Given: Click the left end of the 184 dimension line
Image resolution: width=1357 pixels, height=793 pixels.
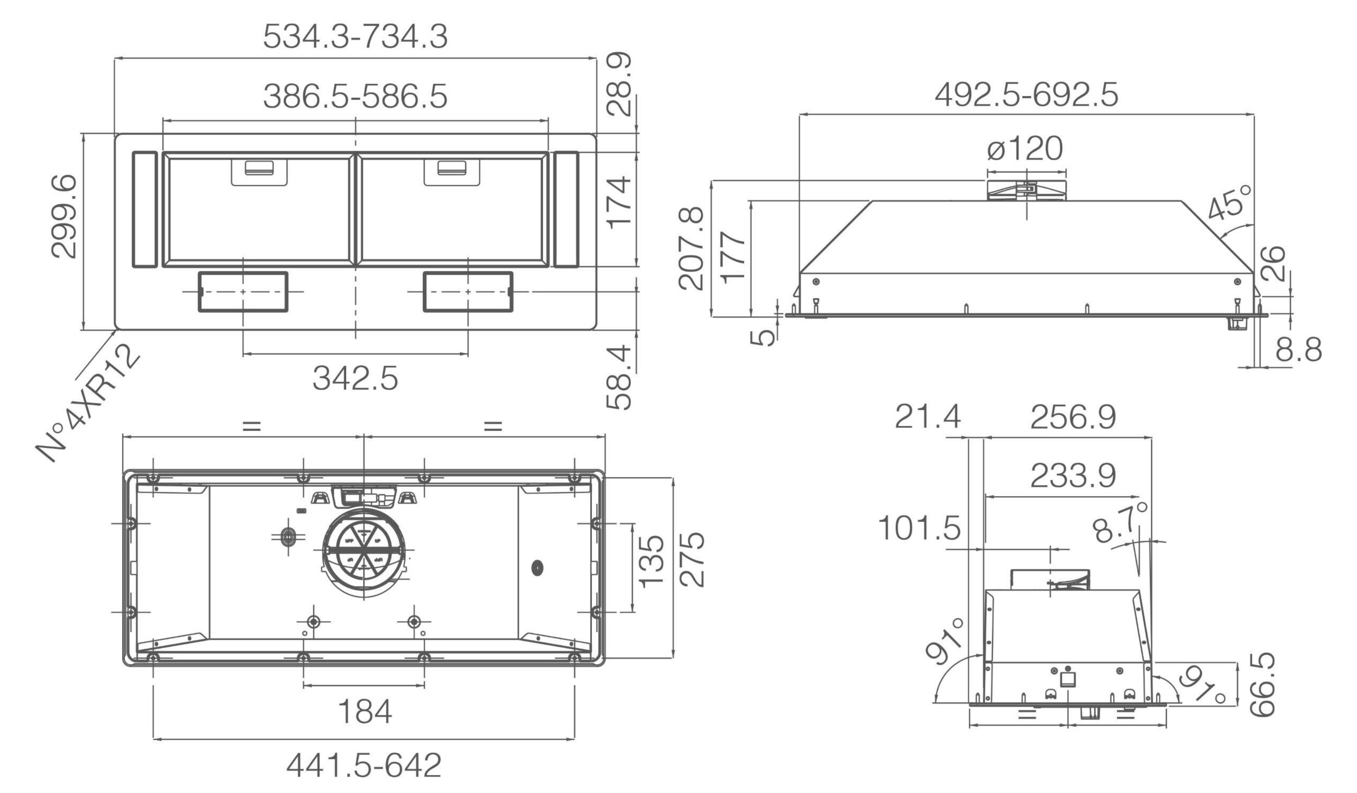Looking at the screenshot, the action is click(x=304, y=685).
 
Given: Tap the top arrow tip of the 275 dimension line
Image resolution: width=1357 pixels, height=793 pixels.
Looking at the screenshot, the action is click(x=673, y=478).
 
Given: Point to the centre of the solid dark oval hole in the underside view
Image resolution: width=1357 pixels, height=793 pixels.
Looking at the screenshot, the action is click(x=537, y=567).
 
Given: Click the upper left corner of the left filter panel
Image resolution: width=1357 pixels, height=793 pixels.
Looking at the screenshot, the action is click(x=163, y=152).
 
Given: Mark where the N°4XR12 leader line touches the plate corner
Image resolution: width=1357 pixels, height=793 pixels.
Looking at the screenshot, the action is click(x=115, y=329).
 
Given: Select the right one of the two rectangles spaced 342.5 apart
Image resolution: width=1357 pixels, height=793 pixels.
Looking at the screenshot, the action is click(x=468, y=292).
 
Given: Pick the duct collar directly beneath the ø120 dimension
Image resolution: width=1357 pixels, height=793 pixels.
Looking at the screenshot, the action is click(x=1026, y=191).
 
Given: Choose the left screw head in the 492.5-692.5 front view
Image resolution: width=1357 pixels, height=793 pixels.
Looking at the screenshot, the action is click(x=816, y=282).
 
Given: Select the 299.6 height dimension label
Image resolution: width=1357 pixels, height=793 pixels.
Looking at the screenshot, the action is click(x=64, y=217).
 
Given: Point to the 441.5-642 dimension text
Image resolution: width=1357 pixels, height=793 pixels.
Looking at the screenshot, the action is click(x=364, y=765).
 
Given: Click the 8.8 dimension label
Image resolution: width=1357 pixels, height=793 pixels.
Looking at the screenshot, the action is click(x=1298, y=350).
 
